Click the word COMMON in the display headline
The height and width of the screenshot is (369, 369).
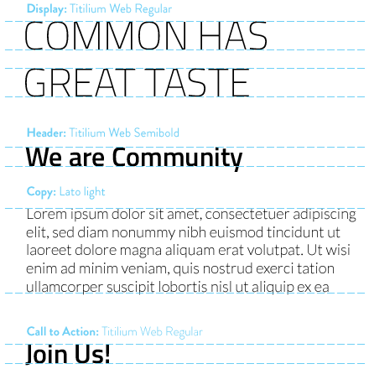click(x=106, y=36)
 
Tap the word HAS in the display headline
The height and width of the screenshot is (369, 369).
click(x=233, y=36)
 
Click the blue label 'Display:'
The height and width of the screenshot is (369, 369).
click(x=47, y=9)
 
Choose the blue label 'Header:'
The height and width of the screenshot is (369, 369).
click(x=46, y=133)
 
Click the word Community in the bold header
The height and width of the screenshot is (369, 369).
click(x=177, y=158)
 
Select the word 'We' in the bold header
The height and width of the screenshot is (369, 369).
click(x=44, y=157)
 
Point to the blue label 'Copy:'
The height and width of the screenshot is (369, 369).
click(x=41, y=192)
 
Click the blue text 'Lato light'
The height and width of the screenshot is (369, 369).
click(x=82, y=192)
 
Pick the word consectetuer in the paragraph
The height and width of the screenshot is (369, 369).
click(x=247, y=215)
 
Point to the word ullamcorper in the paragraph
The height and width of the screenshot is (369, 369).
click(x=65, y=288)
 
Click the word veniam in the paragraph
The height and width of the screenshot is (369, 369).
click(x=145, y=268)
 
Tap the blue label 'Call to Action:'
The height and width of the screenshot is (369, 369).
click(x=63, y=332)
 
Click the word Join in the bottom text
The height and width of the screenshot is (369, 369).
click(x=47, y=354)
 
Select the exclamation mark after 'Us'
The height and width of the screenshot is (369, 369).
click(x=107, y=354)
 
